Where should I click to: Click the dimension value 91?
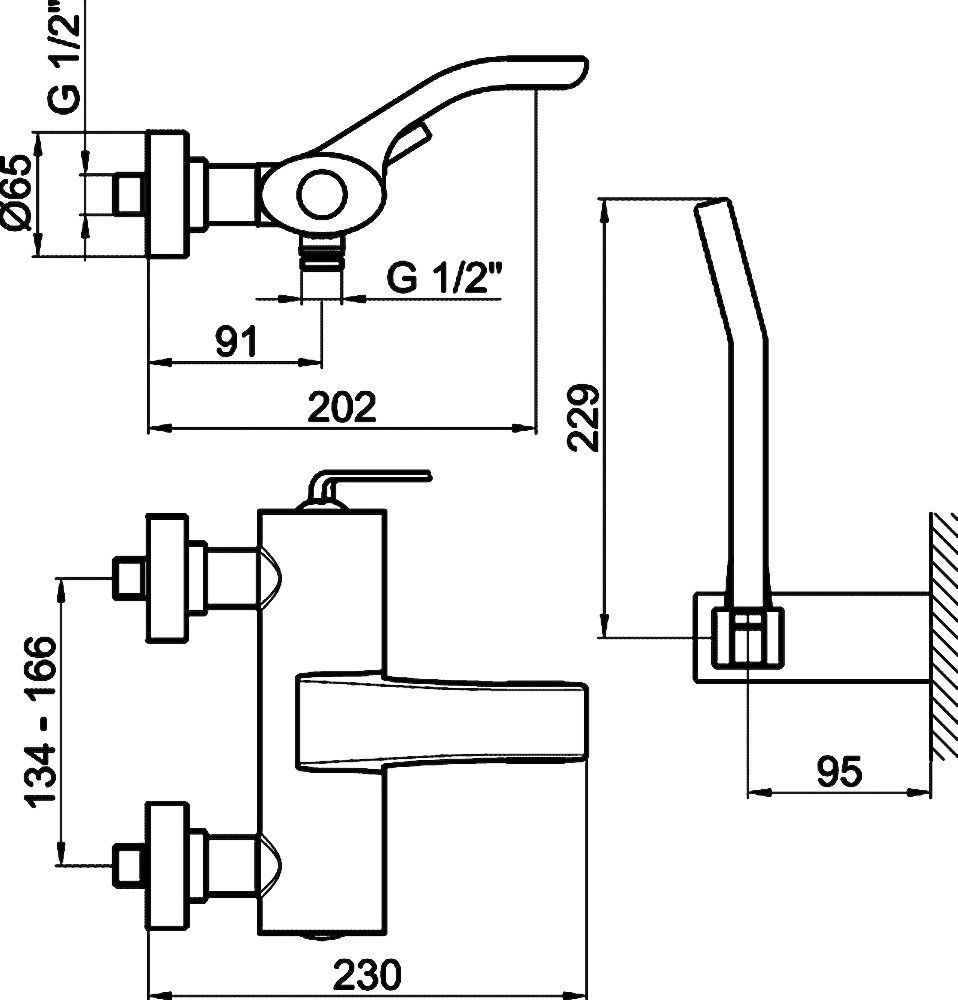click(x=237, y=343)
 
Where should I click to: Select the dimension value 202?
click(x=341, y=408)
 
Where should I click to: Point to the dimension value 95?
click(x=838, y=771)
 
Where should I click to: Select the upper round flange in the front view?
click(x=168, y=580)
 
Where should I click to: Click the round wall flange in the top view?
click(x=168, y=196)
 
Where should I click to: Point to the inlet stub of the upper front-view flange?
click(x=129, y=580)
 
